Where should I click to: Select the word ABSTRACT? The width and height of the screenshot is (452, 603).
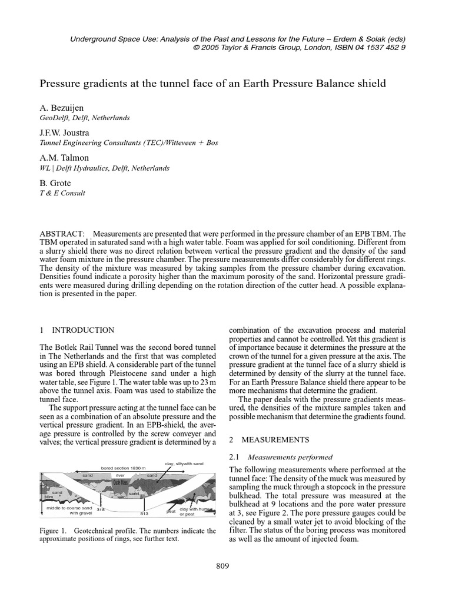click(x=60, y=234)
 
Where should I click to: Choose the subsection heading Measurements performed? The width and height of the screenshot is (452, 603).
click(x=290, y=457)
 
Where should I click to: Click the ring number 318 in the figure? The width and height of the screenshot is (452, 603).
click(x=100, y=509)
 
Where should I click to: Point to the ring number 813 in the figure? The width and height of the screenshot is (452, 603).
click(x=144, y=513)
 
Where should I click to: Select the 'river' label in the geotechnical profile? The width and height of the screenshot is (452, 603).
click(x=120, y=474)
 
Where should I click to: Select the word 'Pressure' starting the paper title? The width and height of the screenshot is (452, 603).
click(x=60, y=84)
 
